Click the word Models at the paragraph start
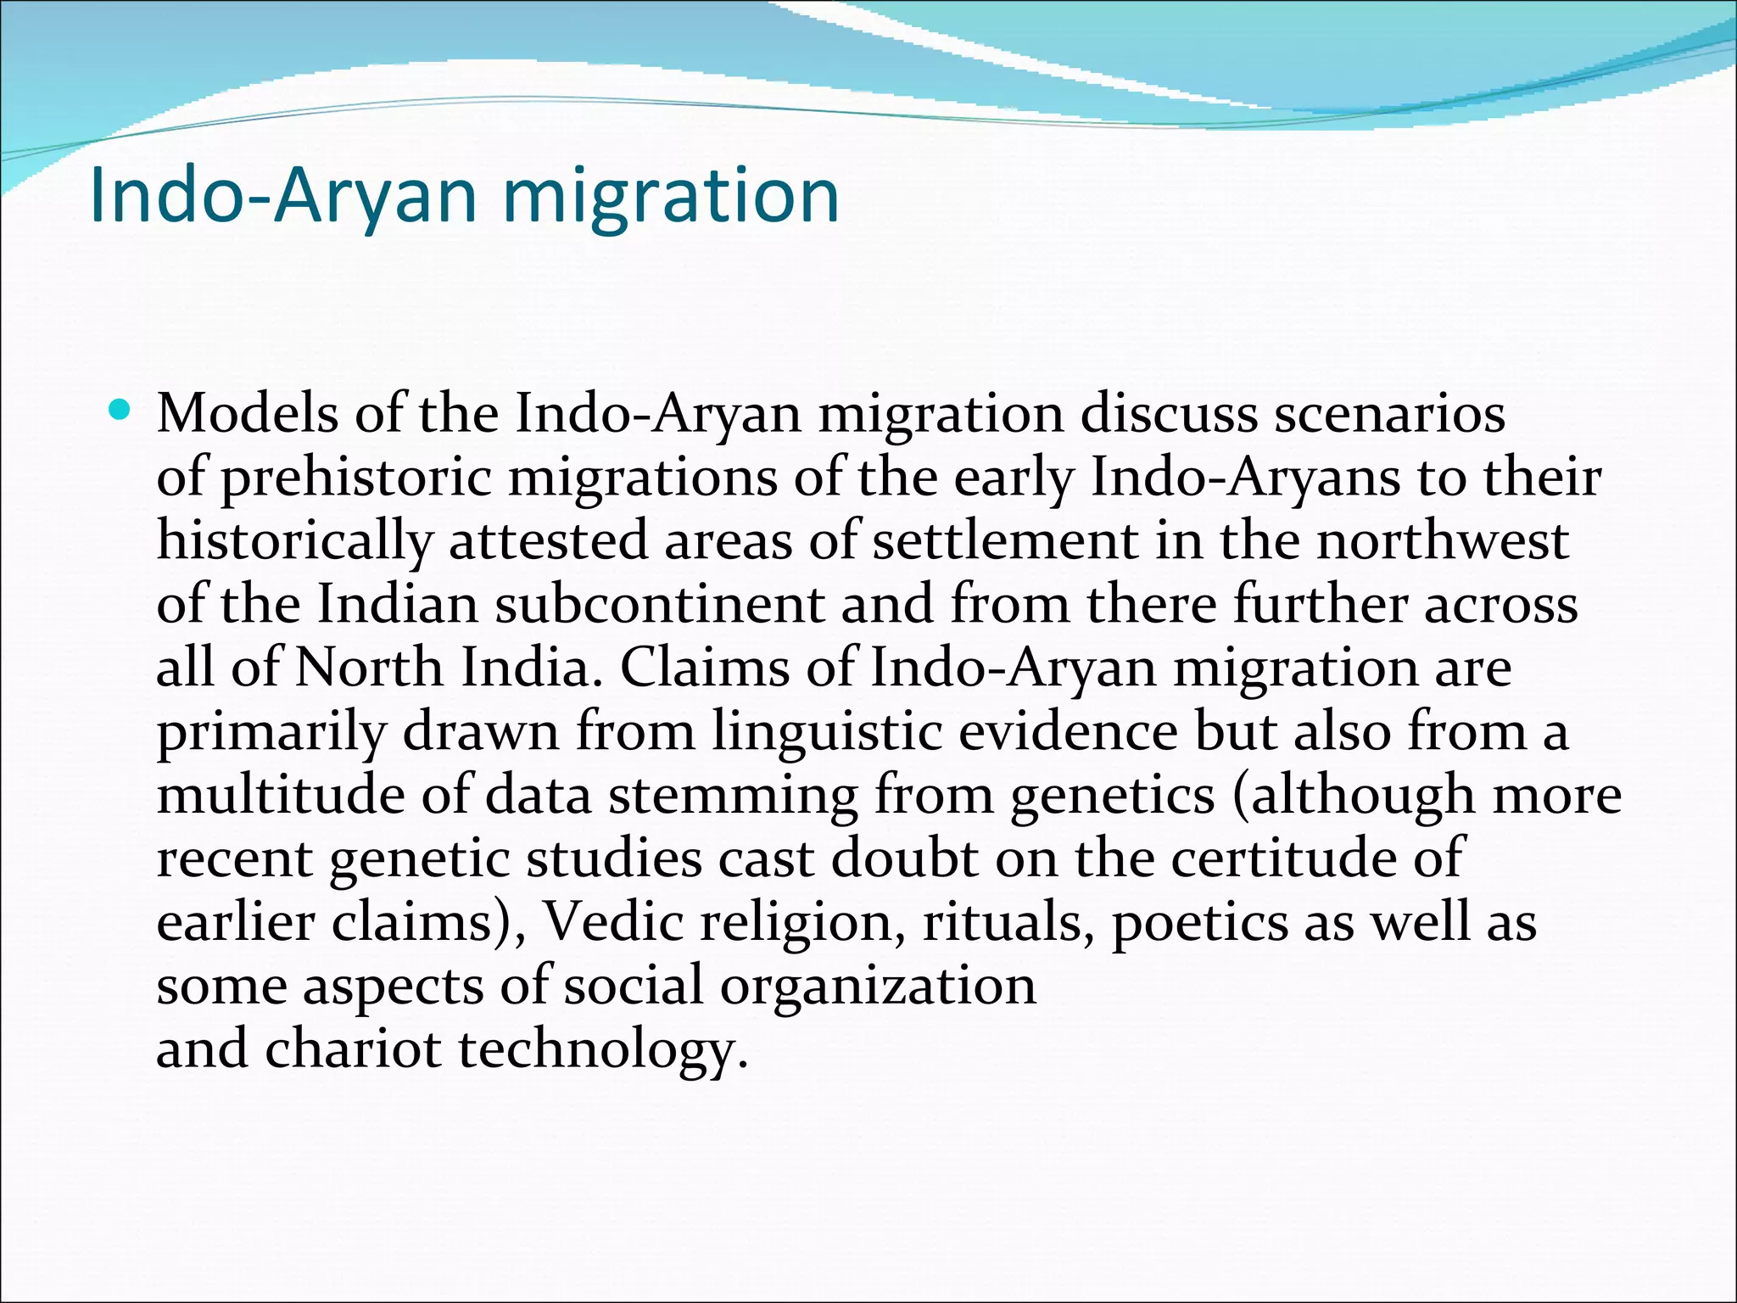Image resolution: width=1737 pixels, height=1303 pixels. (248, 414)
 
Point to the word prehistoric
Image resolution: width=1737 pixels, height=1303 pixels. (357, 478)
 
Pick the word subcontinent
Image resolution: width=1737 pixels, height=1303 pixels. (660, 605)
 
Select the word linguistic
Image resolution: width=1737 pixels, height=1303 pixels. (827, 731)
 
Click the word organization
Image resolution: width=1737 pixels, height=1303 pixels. (878, 987)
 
